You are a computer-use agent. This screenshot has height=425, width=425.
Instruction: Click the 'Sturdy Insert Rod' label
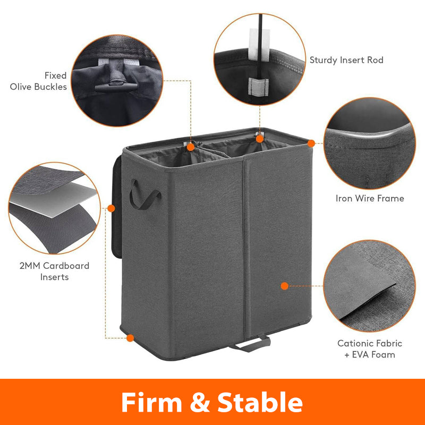(346, 60)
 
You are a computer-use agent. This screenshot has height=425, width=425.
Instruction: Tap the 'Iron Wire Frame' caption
(370, 198)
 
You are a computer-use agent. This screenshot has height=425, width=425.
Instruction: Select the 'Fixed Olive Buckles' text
(38, 81)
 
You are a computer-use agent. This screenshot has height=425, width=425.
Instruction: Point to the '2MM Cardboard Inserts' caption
(54, 271)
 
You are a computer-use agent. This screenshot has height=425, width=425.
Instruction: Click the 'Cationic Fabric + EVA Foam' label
(370, 349)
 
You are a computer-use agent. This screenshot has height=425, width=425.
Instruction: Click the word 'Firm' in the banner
(151, 402)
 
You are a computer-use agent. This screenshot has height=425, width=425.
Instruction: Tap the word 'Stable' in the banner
(260, 402)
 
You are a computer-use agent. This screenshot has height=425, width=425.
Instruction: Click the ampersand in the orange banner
(200, 403)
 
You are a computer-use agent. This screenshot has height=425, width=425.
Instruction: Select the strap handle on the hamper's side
(144, 195)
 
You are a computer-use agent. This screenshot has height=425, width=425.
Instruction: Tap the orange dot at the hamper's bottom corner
(130, 338)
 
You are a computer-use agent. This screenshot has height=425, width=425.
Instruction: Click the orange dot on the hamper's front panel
(285, 286)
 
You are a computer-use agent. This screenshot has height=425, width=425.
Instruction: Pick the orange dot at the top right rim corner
(311, 143)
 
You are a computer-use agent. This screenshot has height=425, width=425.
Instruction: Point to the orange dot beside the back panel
(111, 208)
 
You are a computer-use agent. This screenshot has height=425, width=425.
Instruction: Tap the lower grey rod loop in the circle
(258, 86)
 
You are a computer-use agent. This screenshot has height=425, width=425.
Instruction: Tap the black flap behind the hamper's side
(117, 207)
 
